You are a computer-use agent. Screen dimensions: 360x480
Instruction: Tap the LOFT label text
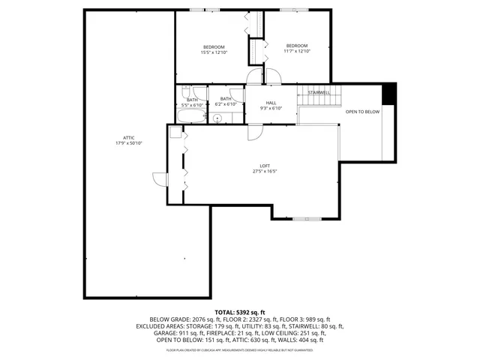pos(265,166)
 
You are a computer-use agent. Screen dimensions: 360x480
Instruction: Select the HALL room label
pos(271,103)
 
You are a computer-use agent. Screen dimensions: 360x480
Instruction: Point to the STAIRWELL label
pos(319,92)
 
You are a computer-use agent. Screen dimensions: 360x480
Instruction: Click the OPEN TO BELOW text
pos(362,112)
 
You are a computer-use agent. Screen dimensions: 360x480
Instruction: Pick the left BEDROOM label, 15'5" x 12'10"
pos(214,47)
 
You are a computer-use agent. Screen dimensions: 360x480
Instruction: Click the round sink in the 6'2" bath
pos(217,118)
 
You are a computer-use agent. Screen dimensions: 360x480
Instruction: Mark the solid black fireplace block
pos(388,94)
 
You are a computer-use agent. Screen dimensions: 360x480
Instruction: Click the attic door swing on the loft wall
pos(159,178)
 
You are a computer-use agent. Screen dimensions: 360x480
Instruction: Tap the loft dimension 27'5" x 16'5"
pos(265,171)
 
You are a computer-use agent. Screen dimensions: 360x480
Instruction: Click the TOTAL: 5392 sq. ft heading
pos(239,312)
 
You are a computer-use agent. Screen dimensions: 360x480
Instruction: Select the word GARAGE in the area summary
pos(148,333)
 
